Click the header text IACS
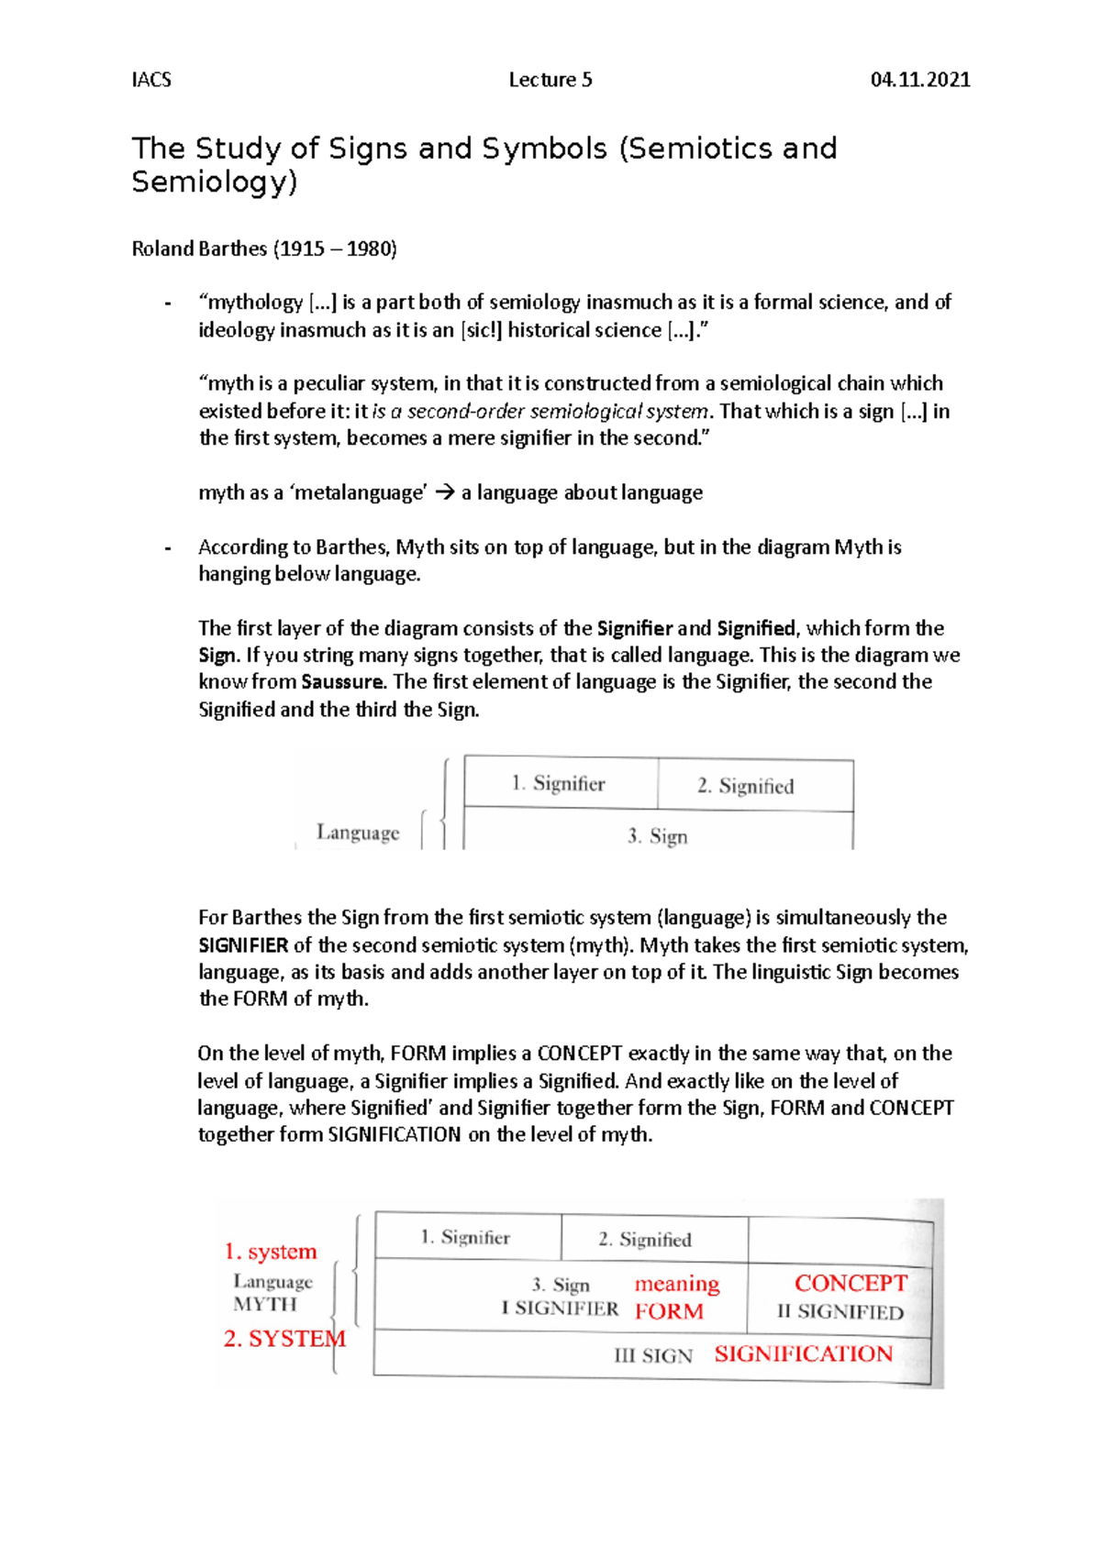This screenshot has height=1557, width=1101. pyautogui.click(x=151, y=80)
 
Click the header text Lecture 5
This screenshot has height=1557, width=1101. pyautogui.click(x=550, y=80)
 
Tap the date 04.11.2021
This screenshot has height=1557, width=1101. pyautogui.click(x=920, y=80)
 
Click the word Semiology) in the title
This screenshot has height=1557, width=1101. pyautogui.click(x=215, y=182)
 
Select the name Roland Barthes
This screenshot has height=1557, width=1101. pyautogui.click(x=199, y=248)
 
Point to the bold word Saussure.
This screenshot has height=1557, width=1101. pyautogui.click(x=341, y=681)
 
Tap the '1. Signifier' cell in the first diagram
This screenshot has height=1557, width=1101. pyautogui.click(x=559, y=783)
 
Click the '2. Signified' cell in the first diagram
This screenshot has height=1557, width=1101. pyautogui.click(x=745, y=786)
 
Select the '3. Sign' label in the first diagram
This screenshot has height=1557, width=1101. pyautogui.click(x=657, y=836)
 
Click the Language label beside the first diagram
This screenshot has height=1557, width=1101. pyautogui.click(x=358, y=832)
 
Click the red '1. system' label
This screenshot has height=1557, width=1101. pyautogui.click(x=271, y=1252)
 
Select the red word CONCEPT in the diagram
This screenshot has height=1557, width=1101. pyautogui.click(x=851, y=1283)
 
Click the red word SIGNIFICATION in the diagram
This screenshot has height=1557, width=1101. pyautogui.click(x=803, y=1353)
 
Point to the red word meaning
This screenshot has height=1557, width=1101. pyautogui.click(x=677, y=1284)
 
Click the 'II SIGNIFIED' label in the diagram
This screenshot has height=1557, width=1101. pyautogui.click(x=840, y=1312)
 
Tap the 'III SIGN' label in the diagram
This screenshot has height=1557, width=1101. pyautogui.click(x=653, y=1355)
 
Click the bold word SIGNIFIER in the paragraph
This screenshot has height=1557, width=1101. pyautogui.click(x=243, y=944)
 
